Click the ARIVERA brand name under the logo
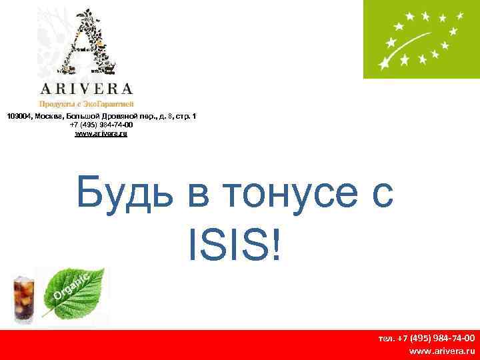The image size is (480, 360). pos(86,89)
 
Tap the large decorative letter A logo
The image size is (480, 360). pos(86,43)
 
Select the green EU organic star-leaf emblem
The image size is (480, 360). pos(421,39)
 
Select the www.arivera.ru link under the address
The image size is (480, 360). pos(101,133)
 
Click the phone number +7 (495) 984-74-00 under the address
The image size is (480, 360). pos(101,125)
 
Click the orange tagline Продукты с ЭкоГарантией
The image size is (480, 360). pos(86,104)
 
